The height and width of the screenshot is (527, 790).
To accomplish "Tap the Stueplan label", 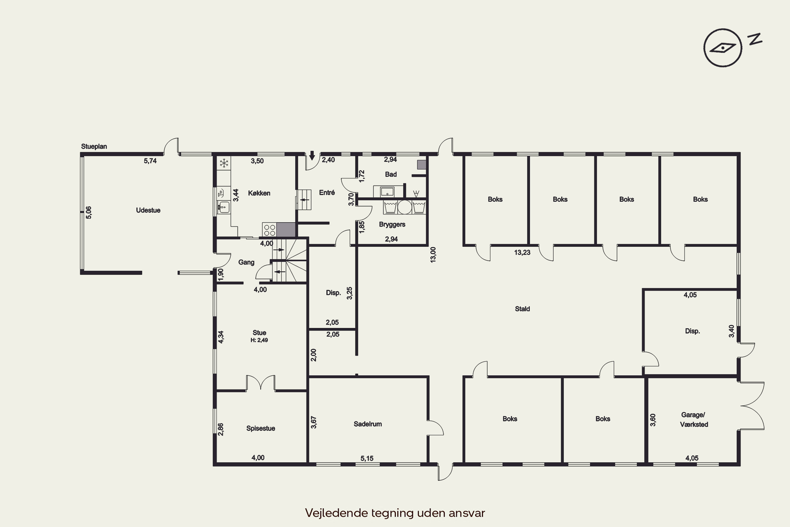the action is pos(94,147).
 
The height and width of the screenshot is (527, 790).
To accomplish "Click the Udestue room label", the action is pos(148,210).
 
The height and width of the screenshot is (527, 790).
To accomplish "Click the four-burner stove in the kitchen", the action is pos(269,230).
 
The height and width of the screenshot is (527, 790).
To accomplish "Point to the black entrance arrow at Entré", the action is pos(312,156).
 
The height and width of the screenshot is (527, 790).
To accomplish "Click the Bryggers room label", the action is pos(392,225).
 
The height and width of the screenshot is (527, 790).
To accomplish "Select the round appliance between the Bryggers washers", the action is pos(405,207).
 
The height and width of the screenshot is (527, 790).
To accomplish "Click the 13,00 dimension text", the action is pos(433,255).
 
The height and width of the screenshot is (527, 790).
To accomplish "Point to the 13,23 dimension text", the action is pos(522,252).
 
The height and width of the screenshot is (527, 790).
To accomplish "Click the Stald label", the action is pos(522,309).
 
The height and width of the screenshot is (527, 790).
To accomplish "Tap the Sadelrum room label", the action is pos(368,424).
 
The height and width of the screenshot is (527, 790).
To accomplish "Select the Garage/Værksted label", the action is pos(694,419).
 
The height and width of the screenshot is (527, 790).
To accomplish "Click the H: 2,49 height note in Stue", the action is pos(259,340).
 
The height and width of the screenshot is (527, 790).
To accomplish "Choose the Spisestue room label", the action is pos(261,428).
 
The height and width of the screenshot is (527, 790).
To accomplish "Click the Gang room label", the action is pos(246,262).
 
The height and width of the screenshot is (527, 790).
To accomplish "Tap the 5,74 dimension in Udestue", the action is pos(150,161).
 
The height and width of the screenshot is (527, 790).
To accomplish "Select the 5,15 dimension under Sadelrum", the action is pos(367,458).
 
